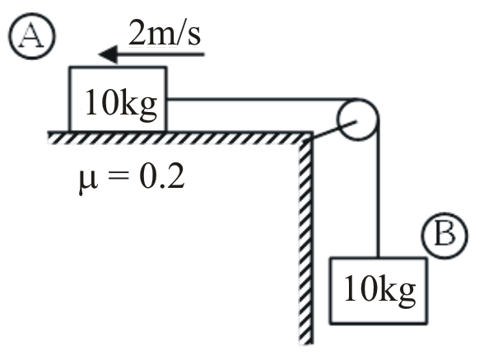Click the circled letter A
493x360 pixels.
(x=31, y=36)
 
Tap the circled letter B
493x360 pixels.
(x=444, y=236)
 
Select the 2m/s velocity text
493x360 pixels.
(x=165, y=33)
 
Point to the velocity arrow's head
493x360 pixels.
(x=108, y=54)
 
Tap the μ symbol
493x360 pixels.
(x=88, y=180)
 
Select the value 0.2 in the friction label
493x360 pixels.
(x=161, y=177)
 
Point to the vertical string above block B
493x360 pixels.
(x=378, y=188)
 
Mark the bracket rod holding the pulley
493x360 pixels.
(x=334, y=129)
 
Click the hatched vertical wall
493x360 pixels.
(x=306, y=238)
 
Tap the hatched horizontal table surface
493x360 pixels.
(x=180, y=138)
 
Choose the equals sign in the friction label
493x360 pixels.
(x=118, y=178)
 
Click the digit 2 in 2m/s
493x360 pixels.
(x=137, y=32)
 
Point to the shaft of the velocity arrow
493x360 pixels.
(x=160, y=54)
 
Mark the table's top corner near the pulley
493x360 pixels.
(x=312, y=132)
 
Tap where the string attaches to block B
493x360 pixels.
(x=378, y=257)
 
